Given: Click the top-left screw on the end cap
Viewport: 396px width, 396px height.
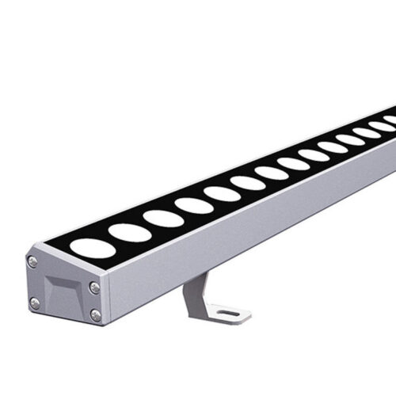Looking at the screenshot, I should coord(32,261).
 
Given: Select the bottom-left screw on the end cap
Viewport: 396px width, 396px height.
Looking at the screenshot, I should coord(34,303).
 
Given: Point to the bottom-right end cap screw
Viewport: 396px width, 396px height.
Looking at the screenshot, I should coord(95,314).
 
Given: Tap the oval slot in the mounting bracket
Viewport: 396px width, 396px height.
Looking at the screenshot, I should coord(229,314).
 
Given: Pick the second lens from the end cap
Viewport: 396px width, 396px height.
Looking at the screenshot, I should coord(129,232).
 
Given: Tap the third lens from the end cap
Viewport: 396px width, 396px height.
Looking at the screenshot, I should coord(163,217).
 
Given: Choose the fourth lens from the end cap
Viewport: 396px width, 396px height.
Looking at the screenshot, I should coord(194,205).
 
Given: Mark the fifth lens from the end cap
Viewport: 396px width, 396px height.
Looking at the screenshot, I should coord(223,193).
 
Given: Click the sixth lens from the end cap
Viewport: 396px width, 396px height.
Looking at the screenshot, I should coord(248,183).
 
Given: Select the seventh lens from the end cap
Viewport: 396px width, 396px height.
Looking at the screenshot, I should coord(272,173).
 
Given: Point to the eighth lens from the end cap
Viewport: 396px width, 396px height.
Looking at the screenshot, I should coord(293,163).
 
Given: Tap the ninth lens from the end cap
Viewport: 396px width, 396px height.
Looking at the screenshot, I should coord(314,155).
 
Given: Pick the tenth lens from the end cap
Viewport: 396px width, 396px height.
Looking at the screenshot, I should coord(333,147).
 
